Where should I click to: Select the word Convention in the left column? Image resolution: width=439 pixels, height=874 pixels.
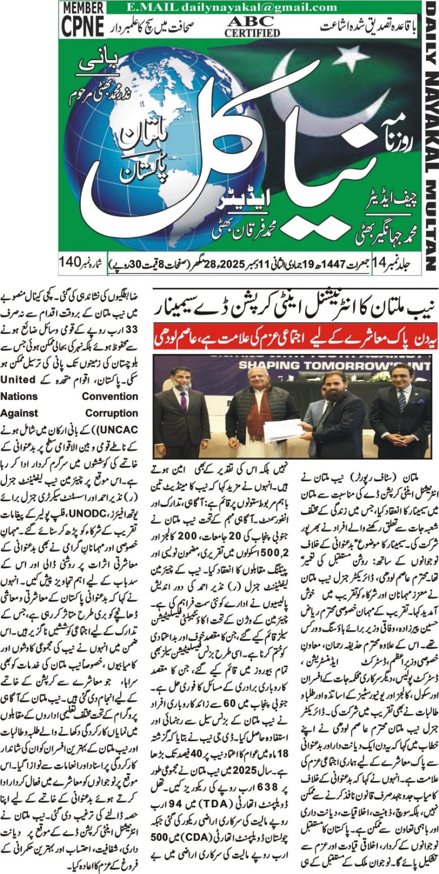110,396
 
